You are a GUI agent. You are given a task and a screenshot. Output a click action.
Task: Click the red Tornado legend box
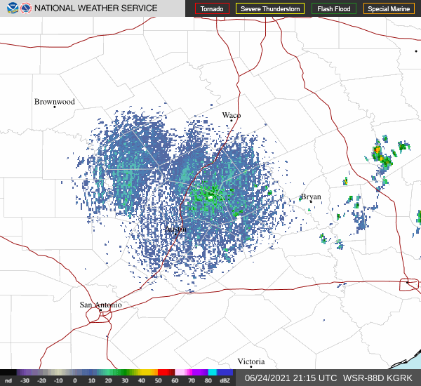[212, 9]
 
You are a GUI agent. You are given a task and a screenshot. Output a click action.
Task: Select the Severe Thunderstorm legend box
[269, 9]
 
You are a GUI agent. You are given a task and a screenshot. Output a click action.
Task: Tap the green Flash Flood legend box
[334, 9]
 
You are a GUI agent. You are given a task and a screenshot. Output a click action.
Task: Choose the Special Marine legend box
[389, 9]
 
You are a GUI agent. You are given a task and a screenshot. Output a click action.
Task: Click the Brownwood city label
[54, 102]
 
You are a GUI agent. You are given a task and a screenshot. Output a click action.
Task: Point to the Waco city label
[232, 115]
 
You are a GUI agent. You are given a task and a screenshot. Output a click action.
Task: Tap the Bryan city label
[311, 197]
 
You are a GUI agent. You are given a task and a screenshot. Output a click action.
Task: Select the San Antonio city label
[100, 305]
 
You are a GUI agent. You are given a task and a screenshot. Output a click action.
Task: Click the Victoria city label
[250, 361]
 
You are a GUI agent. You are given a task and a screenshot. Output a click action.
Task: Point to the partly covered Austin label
[175, 229]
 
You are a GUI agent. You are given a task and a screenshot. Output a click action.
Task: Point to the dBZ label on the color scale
[225, 380]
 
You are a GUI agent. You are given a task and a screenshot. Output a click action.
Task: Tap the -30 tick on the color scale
[25, 380]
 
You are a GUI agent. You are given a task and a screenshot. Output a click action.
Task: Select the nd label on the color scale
[8, 380]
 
